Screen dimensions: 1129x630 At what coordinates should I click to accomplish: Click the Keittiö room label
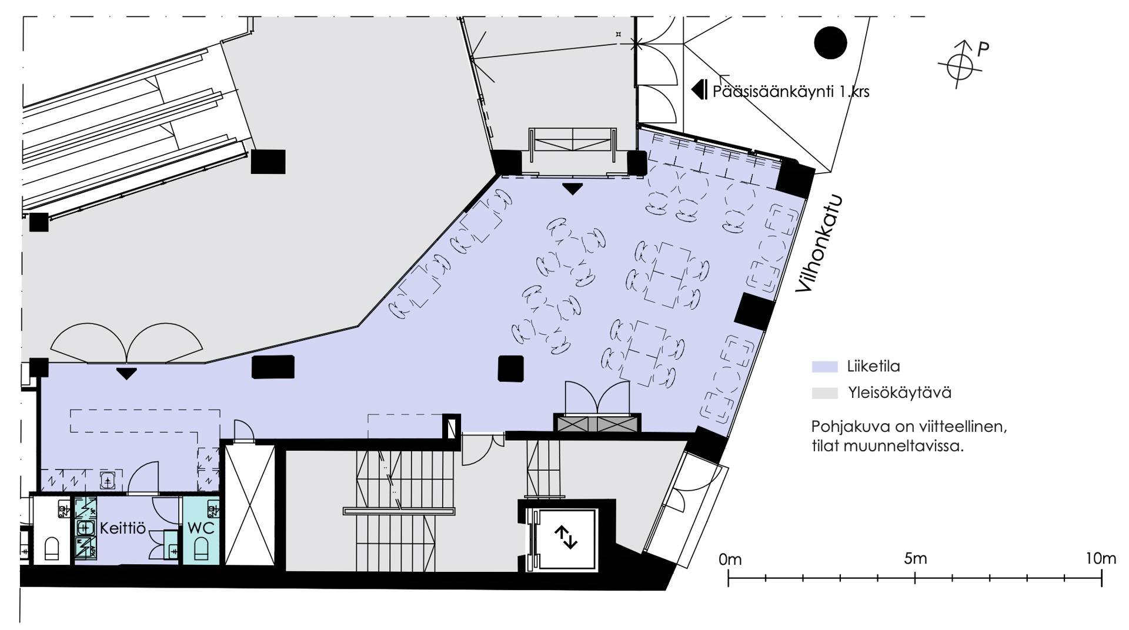point(122,528)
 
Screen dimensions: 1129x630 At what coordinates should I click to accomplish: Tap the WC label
point(201,528)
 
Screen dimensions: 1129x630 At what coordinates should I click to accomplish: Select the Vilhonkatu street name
point(819,243)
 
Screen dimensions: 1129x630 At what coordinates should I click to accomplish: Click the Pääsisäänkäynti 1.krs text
point(790,92)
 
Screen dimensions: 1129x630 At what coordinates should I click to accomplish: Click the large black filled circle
point(830,43)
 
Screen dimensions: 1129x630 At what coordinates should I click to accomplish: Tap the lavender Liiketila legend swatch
point(824,367)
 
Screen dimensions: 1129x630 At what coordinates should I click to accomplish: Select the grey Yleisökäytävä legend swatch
point(824,393)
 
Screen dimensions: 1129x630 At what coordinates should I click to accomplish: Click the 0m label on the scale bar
point(730,559)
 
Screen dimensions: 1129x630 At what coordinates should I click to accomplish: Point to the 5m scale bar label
point(916,558)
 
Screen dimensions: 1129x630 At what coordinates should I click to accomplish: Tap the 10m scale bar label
point(1100,558)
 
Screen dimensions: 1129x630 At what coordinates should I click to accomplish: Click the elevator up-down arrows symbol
point(566,538)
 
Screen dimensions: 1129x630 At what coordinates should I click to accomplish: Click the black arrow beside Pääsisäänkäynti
point(699,90)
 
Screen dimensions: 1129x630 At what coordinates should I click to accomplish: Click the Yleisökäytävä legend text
point(899,393)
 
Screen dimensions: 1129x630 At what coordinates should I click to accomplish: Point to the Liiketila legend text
point(873,367)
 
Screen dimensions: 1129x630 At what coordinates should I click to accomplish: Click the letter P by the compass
point(983,49)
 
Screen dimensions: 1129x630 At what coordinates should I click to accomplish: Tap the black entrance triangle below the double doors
point(126,373)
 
